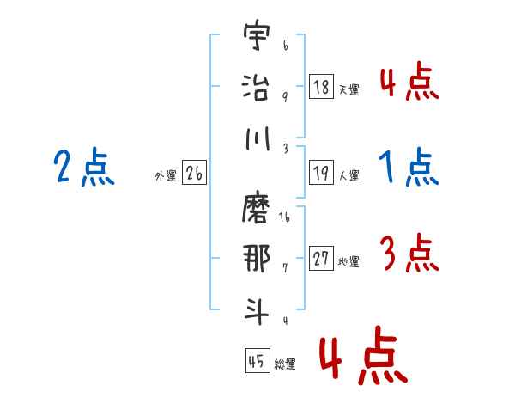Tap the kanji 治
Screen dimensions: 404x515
[257, 87]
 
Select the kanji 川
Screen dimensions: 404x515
[257, 138]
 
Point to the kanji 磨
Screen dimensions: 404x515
[257, 209]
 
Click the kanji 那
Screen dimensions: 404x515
[257, 258]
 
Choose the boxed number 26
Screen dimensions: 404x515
[194, 174]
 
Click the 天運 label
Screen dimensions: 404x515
[348, 89]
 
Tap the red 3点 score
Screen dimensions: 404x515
[409, 254]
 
